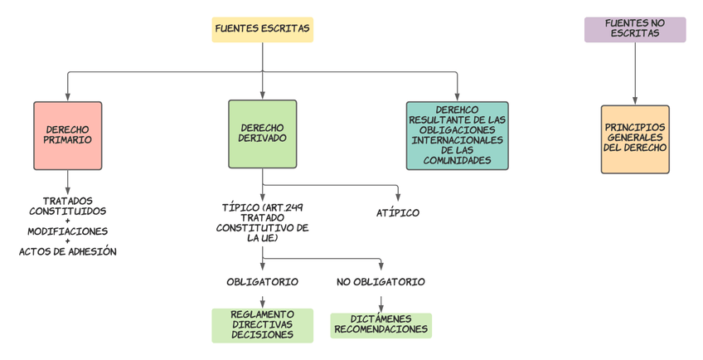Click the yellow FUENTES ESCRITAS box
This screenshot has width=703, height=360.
pyautogui.click(x=262, y=29)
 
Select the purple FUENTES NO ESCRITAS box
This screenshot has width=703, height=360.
pyautogui.click(x=635, y=29)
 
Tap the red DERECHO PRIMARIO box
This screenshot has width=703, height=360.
pyautogui.click(x=68, y=135)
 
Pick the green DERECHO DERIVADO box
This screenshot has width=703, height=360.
pyautogui.click(x=262, y=134)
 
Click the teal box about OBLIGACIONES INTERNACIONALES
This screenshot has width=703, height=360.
pyautogui.click(x=457, y=135)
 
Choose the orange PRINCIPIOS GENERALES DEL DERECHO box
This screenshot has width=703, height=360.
pyautogui.click(x=635, y=139)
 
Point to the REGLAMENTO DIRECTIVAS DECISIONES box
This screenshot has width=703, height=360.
pyautogui.click(x=262, y=325)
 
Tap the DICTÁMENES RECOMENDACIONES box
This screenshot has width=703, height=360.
pyautogui.click(x=381, y=325)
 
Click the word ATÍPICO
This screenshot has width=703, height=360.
pyautogui.click(x=398, y=213)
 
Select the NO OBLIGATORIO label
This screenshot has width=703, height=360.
pyautogui.click(x=381, y=282)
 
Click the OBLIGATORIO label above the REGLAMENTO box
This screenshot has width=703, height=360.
pyautogui.click(x=262, y=282)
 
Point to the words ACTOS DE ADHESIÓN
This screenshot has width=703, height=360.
pyautogui.click(x=68, y=251)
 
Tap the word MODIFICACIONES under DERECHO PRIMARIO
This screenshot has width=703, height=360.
pyautogui.click(x=68, y=231)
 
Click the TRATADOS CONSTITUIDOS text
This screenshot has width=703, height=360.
pyautogui.click(x=68, y=206)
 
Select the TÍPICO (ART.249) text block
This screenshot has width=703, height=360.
pyautogui.click(x=262, y=221)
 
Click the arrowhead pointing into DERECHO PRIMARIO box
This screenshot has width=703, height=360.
pyautogui.click(x=68, y=97)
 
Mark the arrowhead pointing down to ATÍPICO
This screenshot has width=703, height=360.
pyautogui.click(x=398, y=197)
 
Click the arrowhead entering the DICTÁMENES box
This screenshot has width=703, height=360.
pyautogui.click(x=381, y=309)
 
